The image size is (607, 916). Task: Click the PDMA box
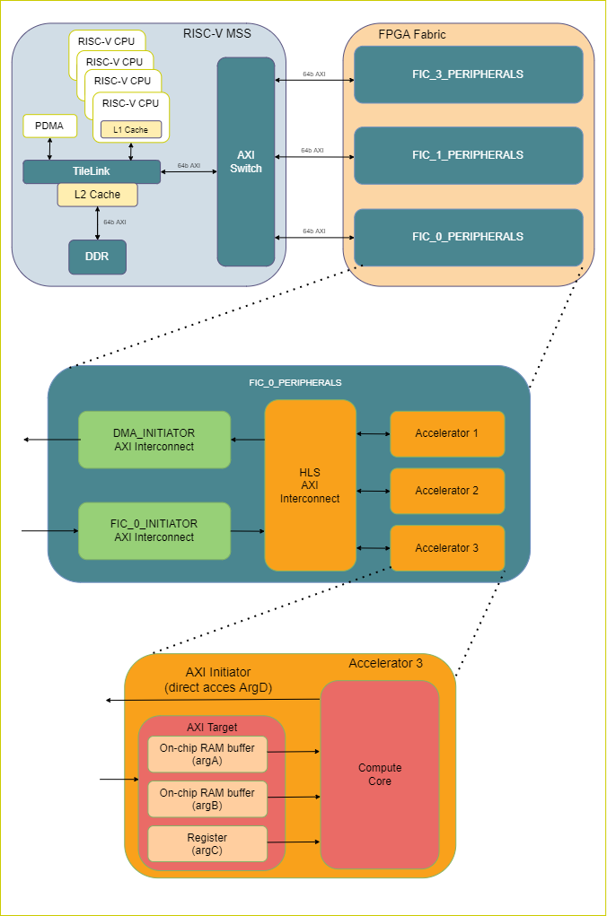tap(49, 126)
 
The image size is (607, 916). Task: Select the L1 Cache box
tap(131, 130)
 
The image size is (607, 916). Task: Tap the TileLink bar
tap(92, 170)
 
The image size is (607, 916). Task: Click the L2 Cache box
tap(97, 194)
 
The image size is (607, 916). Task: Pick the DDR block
tap(97, 257)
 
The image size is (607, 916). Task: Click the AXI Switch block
tap(245, 161)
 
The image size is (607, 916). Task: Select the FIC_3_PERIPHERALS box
tap(468, 74)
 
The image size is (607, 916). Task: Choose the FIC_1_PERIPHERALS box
tap(468, 155)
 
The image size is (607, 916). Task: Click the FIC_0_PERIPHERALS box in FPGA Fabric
tap(468, 237)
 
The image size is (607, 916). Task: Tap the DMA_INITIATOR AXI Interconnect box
tap(154, 440)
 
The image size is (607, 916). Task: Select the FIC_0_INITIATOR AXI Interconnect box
tap(154, 530)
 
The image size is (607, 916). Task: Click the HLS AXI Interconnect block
tap(310, 485)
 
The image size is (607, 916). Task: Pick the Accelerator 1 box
tap(446, 433)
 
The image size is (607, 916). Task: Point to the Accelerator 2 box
tap(446, 491)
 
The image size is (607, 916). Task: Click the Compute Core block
tap(380, 774)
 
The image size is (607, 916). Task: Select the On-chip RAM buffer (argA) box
tap(207, 755)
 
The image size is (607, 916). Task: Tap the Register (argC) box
tap(207, 843)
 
